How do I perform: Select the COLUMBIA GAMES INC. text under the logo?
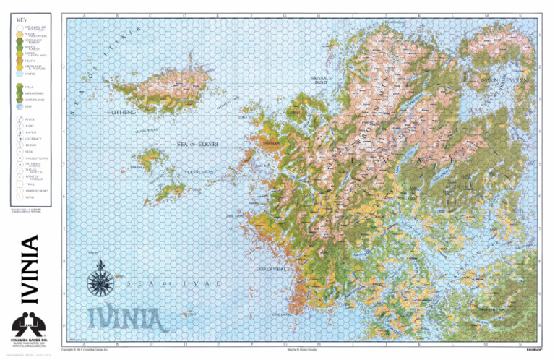[29, 338]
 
